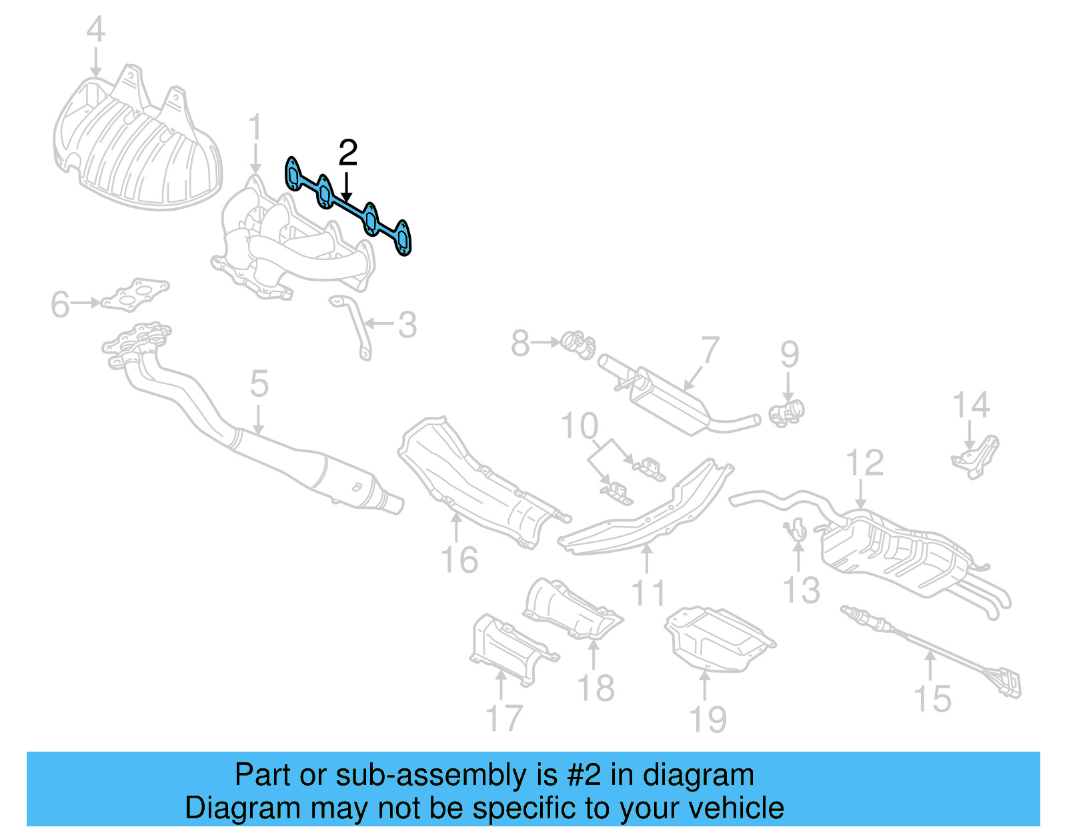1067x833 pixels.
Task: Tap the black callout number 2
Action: [x=348, y=153]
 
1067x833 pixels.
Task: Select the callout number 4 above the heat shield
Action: [x=96, y=30]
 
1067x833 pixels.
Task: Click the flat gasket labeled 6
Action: [x=137, y=295]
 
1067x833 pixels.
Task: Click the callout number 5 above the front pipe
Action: [x=259, y=385]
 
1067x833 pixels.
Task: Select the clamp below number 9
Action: [x=788, y=412]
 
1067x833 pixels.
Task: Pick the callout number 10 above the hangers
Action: [x=580, y=426]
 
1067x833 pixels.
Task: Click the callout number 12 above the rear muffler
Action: [x=864, y=463]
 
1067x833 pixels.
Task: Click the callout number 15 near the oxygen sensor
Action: [x=932, y=699]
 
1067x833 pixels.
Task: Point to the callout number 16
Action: [x=459, y=560]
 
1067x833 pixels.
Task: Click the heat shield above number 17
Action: [x=507, y=647]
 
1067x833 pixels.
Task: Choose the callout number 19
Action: [x=708, y=720]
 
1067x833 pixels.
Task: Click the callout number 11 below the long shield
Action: [x=648, y=593]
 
